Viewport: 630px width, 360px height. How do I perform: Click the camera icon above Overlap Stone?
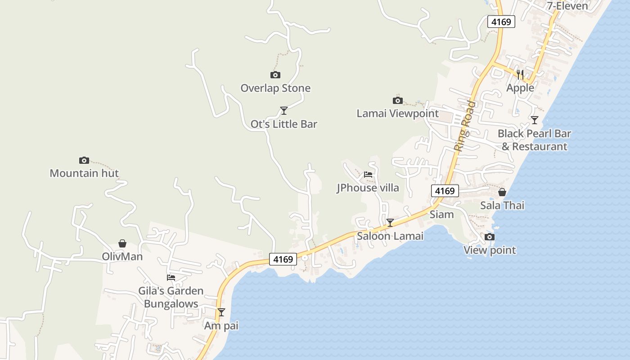pos(275,75)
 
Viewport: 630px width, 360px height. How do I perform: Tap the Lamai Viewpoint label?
pos(397,113)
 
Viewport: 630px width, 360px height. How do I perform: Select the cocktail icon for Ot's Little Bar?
pos(283,110)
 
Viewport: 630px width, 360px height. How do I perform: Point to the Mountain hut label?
pos(84,173)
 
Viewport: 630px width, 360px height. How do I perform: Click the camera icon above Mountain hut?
pos(84,160)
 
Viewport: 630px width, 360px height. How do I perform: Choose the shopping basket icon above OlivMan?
pos(122,243)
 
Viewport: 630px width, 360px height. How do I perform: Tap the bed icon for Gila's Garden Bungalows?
pos(171,278)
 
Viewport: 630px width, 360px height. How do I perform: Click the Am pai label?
pos(221,325)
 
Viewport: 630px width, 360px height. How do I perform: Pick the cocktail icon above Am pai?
pos(221,312)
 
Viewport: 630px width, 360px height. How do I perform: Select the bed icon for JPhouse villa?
pos(368,175)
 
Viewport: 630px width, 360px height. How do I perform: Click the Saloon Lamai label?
pos(390,236)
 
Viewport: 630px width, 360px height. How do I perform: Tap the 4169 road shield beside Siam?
pos(445,191)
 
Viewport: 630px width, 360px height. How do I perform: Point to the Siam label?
pos(441,214)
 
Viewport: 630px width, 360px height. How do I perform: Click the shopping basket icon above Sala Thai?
pos(502,192)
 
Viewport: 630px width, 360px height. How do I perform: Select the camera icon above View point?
pos(490,237)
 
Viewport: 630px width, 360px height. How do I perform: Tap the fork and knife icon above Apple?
pos(520,74)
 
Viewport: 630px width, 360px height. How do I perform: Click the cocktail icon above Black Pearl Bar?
pos(534,120)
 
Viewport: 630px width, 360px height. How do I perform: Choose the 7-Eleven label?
pos(567,6)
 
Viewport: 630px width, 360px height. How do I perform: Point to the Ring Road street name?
pos(464,126)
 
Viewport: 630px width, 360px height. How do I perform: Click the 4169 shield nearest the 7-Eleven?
pos(501,22)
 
